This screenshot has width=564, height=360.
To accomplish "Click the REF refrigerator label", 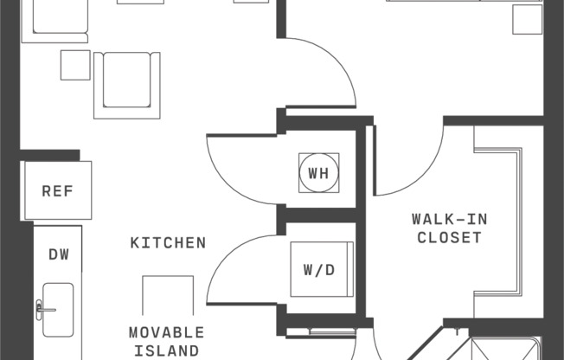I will [x=58, y=191].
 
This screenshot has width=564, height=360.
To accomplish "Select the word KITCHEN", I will [x=169, y=243].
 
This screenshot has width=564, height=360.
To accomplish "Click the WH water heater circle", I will [x=318, y=173].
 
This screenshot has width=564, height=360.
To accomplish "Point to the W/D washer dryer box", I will [x=318, y=270].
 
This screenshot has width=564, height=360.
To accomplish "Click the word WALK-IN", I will [x=450, y=219].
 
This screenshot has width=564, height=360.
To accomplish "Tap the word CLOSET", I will [x=450, y=237].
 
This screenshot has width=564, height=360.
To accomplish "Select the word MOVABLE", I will [x=167, y=332].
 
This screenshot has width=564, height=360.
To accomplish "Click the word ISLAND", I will [x=167, y=350].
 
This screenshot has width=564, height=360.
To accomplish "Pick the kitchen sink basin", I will [x=59, y=309].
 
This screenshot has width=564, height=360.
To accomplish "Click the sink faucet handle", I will [x=40, y=306].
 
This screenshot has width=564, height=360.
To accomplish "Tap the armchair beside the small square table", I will [x=126, y=85].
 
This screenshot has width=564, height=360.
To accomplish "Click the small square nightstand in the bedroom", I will [x=527, y=19].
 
